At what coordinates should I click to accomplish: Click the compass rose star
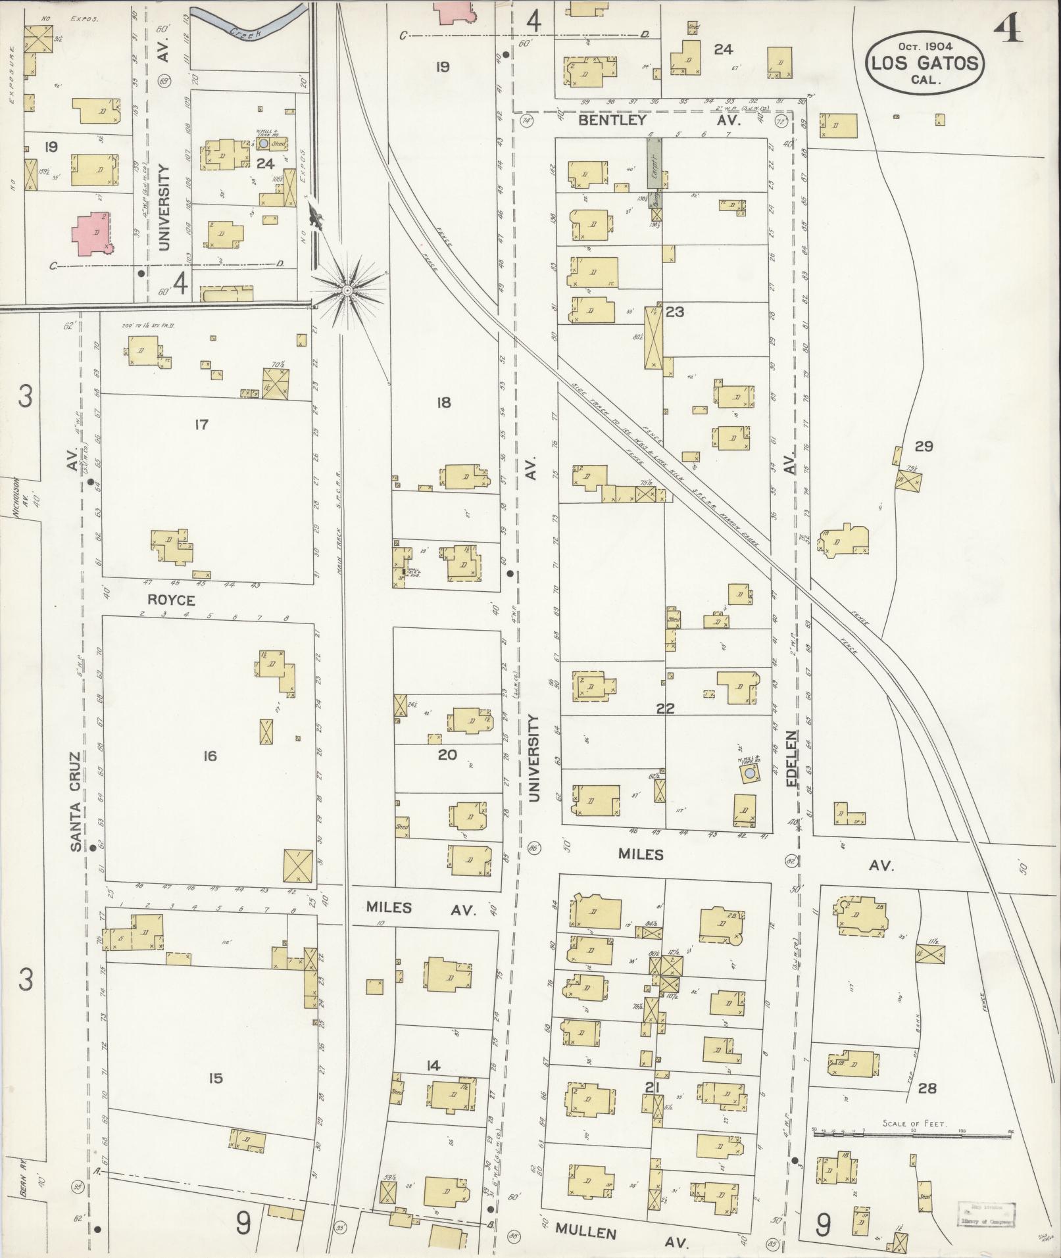pyautogui.click(x=347, y=289)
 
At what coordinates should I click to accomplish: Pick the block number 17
pyautogui.click(x=201, y=425)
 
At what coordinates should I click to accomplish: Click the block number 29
pyautogui.click(x=924, y=447)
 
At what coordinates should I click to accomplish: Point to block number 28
pyautogui.click(x=926, y=1088)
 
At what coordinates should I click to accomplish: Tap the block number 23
pyautogui.click(x=674, y=312)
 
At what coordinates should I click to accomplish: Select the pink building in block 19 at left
pyautogui.click(x=93, y=233)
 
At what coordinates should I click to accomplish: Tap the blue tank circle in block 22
pyautogui.click(x=749, y=776)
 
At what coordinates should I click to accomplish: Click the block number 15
pyautogui.click(x=216, y=1078)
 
